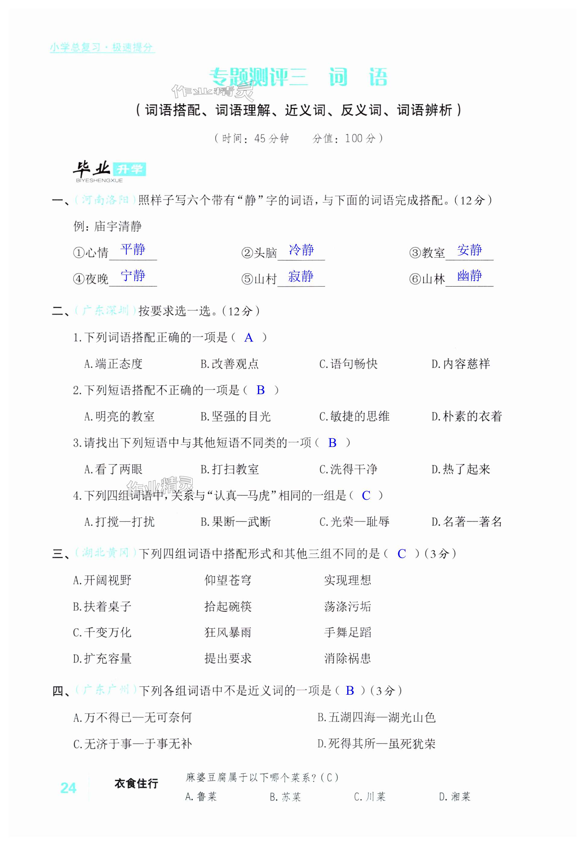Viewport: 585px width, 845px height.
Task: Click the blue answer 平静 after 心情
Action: click(133, 249)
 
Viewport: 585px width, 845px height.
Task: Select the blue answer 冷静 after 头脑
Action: click(301, 250)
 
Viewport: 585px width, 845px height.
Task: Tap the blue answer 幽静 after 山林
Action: click(470, 276)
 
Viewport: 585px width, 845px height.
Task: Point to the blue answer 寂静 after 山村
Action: click(301, 276)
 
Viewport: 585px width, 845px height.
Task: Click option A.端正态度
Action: click(113, 364)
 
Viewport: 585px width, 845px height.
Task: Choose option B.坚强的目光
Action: click(235, 416)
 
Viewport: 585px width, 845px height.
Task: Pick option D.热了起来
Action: click(461, 469)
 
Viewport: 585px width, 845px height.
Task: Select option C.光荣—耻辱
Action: click(354, 522)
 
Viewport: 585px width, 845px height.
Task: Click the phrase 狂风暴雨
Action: click(228, 632)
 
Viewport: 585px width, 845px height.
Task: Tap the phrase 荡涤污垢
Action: click(348, 606)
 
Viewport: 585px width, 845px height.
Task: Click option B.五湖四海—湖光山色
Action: click(376, 717)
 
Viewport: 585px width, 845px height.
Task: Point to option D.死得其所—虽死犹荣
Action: click(376, 744)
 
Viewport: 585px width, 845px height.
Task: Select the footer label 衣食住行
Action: click(136, 784)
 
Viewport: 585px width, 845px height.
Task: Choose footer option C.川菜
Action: click(370, 797)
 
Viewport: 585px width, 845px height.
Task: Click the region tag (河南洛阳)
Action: click(105, 200)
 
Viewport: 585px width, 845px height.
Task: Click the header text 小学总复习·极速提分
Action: click(102, 47)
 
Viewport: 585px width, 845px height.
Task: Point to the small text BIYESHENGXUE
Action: click(99, 180)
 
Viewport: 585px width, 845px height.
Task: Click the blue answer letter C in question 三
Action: click(402, 554)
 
